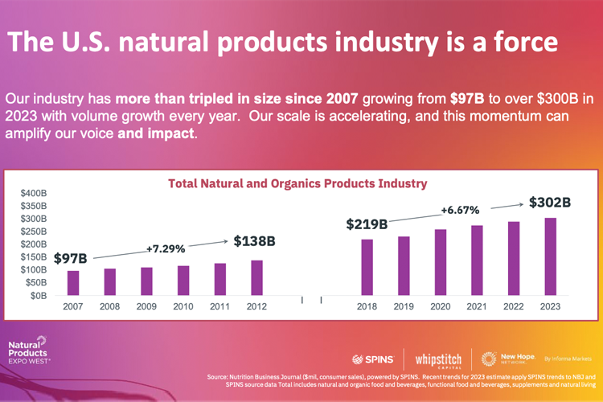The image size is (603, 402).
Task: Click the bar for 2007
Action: coord(73,283)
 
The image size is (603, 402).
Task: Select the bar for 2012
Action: coord(256,277)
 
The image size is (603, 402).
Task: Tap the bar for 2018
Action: coord(367,267)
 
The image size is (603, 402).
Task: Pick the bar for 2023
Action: coord(550,256)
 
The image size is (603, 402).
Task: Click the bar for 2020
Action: coord(440,262)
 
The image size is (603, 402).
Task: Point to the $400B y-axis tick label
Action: coord(33,194)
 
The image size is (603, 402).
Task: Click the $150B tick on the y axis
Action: coord(33,257)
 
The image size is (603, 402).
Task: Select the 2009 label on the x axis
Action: coord(146,307)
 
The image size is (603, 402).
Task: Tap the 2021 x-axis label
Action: coord(477,307)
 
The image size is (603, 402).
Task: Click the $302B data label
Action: coord(549,203)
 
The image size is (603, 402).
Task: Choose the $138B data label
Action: coord(255,240)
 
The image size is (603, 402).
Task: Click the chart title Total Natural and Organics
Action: coord(297,183)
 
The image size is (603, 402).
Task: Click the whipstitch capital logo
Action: coord(441,359)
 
